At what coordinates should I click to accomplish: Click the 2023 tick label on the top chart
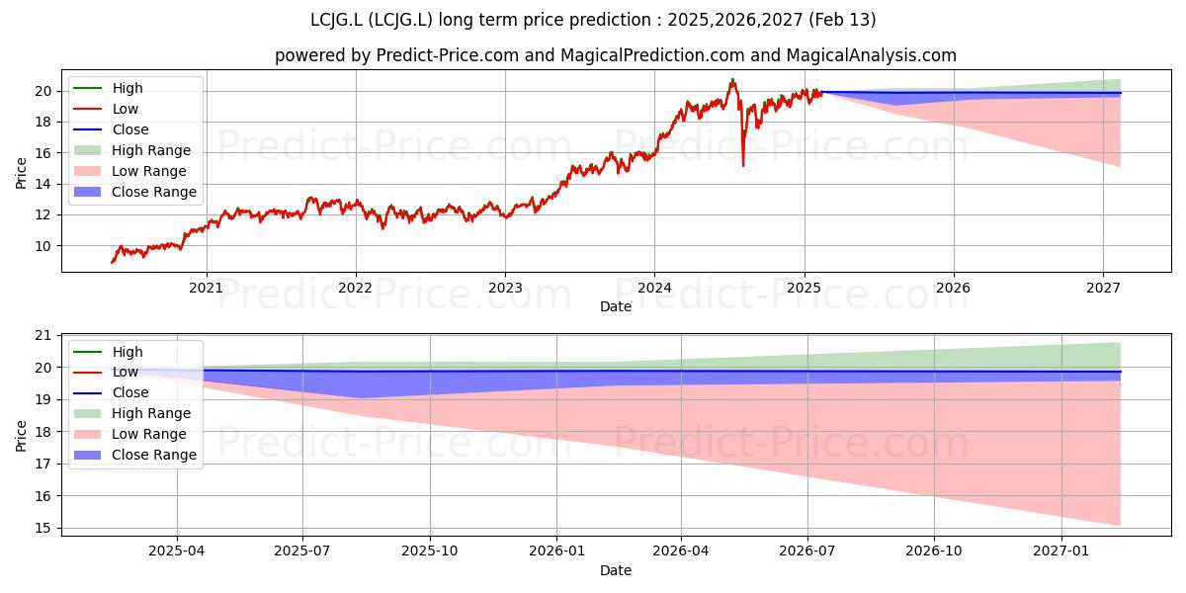click(x=505, y=288)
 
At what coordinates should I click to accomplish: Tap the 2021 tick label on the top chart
click(x=206, y=288)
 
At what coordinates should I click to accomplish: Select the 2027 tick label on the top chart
click(x=1103, y=288)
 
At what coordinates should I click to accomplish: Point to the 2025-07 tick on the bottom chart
click(x=302, y=551)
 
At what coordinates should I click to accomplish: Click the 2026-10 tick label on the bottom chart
click(x=934, y=551)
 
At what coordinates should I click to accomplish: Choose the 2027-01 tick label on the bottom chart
click(x=1061, y=551)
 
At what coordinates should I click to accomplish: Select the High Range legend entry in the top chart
click(x=132, y=150)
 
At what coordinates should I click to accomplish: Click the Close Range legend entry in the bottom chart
click(x=135, y=455)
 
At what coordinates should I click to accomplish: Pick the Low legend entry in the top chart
click(x=106, y=109)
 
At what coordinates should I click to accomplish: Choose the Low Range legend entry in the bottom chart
click(x=130, y=434)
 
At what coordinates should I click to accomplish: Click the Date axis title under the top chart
click(x=616, y=306)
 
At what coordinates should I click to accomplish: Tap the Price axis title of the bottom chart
click(x=21, y=436)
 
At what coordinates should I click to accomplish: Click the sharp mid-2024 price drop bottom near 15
click(x=743, y=166)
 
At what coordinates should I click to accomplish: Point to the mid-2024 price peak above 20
click(x=732, y=79)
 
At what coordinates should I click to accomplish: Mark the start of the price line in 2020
click(x=112, y=262)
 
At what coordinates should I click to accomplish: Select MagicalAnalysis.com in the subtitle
click(x=871, y=55)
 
